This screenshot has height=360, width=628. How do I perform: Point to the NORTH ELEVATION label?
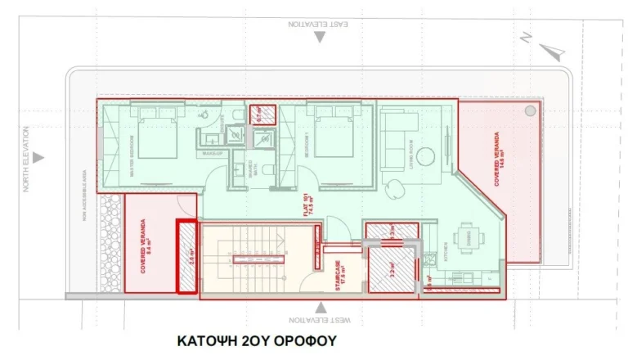[x=26, y=159]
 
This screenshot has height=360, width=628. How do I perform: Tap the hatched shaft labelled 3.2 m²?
[x=392, y=269]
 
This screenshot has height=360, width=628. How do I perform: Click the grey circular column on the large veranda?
[x=530, y=109]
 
